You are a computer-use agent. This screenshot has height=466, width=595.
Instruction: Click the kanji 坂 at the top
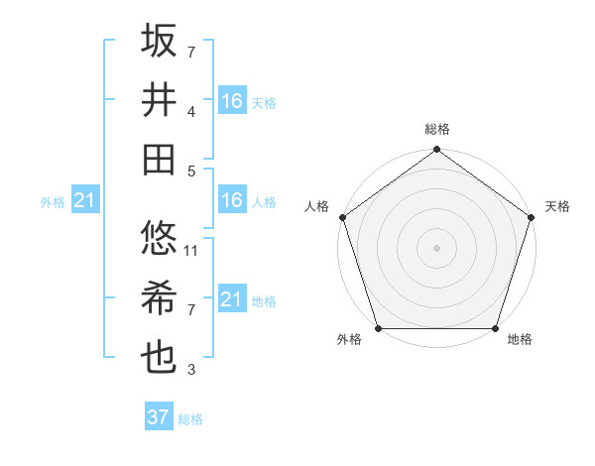(160, 42)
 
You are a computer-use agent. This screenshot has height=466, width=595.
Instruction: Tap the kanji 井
(160, 99)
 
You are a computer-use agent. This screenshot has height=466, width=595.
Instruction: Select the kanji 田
(160, 158)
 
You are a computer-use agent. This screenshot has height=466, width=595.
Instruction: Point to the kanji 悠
(160, 238)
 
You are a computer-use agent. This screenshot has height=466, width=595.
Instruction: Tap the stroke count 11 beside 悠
(191, 251)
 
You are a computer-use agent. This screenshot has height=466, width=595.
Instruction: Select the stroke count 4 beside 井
(191, 112)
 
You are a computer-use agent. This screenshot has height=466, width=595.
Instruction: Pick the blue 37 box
(157, 417)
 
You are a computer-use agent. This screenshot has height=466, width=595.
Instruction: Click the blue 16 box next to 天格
(232, 101)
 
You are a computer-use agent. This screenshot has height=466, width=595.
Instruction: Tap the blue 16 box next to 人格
(232, 201)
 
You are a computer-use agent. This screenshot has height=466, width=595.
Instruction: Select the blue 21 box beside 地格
(232, 299)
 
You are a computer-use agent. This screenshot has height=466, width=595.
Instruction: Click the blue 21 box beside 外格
(84, 201)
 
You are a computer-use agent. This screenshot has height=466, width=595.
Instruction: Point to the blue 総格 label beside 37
(190, 419)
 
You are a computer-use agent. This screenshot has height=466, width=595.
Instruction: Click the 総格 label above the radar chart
(436, 129)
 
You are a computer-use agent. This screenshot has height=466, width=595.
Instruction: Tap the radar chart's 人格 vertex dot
(342, 217)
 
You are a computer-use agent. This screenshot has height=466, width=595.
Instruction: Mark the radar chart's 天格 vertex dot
(532, 217)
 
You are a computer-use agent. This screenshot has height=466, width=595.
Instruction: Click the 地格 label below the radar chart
(520, 340)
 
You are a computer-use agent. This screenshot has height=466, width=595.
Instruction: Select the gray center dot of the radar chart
(436, 248)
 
